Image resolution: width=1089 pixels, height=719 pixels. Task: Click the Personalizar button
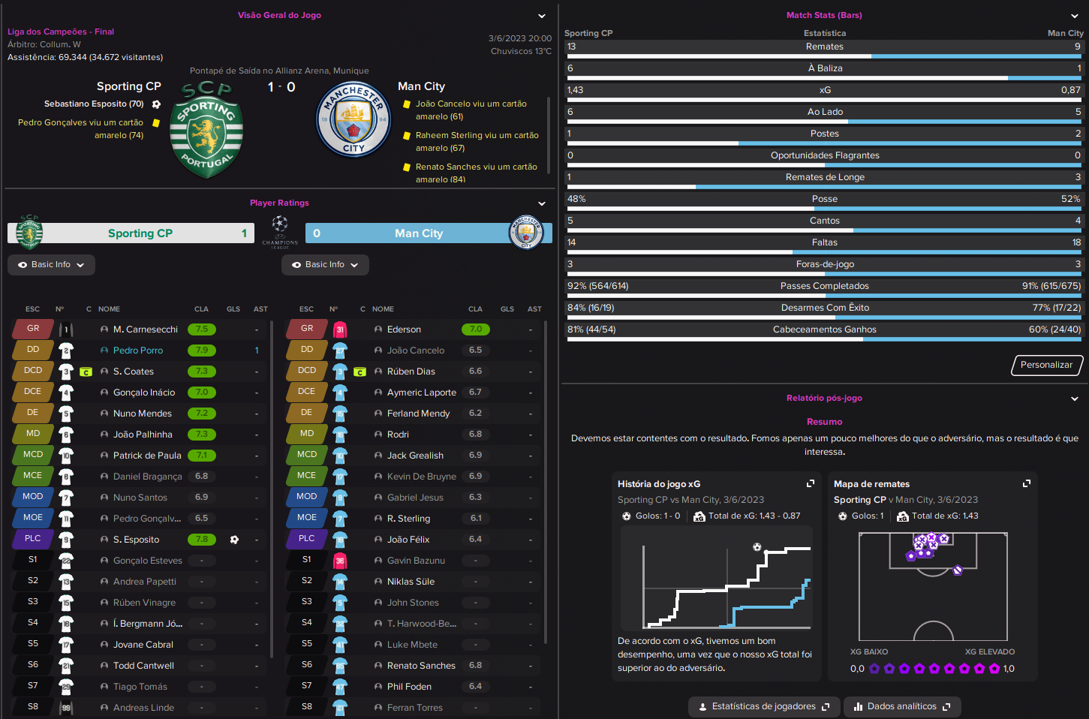pos(1047,365)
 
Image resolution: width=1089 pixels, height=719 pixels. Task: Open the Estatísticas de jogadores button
pos(764,706)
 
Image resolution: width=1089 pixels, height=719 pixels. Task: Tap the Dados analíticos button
pos(902,706)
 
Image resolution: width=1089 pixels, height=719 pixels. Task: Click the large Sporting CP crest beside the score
pos(206,130)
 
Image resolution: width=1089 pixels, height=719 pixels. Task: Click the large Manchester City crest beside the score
pos(353,119)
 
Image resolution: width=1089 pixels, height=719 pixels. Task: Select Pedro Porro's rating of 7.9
pos(202,350)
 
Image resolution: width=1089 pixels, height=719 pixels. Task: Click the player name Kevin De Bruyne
pos(422,477)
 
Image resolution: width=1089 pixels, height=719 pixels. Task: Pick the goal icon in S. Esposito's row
pos(234,540)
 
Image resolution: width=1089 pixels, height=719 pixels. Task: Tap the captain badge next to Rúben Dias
pos(359,372)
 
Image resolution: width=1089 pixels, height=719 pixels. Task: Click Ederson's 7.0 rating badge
pos(476,329)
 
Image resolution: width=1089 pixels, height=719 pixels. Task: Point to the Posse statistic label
pos(825,199)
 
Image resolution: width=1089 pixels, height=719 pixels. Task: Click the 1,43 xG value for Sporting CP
pos(575,90)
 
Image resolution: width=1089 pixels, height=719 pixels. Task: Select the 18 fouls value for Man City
pos(1076,242)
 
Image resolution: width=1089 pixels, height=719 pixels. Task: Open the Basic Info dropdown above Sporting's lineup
pos(51,265)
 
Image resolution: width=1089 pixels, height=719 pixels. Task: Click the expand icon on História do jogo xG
pos(811,483)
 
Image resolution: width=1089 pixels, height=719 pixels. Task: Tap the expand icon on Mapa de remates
pos(1027,483)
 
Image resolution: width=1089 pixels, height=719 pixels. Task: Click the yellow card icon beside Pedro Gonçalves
pos(156,123)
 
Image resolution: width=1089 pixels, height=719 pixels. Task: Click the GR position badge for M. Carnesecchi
pos(32,329)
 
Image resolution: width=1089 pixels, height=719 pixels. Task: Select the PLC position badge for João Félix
pos(306,539)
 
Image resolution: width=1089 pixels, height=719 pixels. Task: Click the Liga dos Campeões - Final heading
pos(61,32)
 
